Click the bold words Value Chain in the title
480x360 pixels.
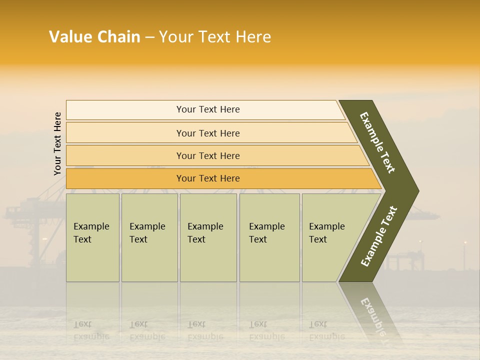(x=94, y=37)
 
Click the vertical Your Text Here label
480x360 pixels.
(x=57, y=143)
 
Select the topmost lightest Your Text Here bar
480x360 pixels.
(x=208, y=109)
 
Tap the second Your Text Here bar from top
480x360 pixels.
(x=208, y=133)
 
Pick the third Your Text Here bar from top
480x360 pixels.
(x=208, y=155)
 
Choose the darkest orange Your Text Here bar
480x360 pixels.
(x=208, y=178)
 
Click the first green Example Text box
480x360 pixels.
(x=92, y=237)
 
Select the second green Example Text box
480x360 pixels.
(x=149, y=237)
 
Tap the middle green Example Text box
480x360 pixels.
(x=208, y=237)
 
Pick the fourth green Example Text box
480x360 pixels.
(x=269, y=237)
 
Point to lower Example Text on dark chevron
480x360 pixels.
(x=378, y=236)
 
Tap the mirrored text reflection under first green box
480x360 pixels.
(x=91, y=330)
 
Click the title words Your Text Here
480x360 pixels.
(x=215, y=37)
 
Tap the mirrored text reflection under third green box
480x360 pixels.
(x=205, y=330)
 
